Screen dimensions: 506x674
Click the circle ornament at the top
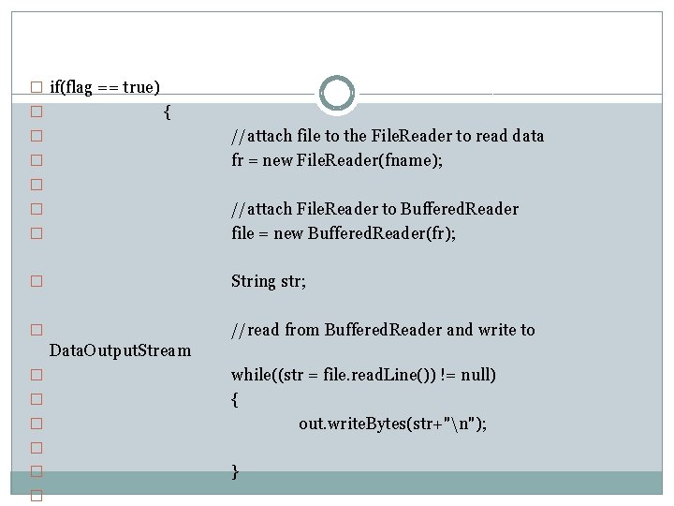pyautogui.click(x=337, y=94)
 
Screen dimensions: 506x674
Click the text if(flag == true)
pyautogui.click(x=104, y=87)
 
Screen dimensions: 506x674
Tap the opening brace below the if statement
pyautogui.click(x=167, y=112)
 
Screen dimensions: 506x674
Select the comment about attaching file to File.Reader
pyautogui.click(x=388, y=136)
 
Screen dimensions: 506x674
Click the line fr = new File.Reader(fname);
pyautogui.click(x=337, y=160)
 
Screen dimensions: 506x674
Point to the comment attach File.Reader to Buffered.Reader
pyautogui.click(x=374, y=209)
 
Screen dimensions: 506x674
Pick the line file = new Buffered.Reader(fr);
pyautogui.click(x=344, y=233)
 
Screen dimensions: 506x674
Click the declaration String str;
pyautogui.click(x=269, y=281)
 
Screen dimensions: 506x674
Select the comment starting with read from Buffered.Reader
pyautogui.click(x=383, y=330)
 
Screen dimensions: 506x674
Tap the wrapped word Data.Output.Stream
pyautogui.click(x=120, y=351)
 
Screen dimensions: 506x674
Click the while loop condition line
pyautogui.click(x=363, y=375)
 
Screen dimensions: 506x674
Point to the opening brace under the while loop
pyautogui.click(x=235, y=400)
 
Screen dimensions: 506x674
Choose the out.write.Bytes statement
pyautogui.click(x=392, y=424)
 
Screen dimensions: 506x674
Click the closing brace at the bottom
pyautogui.click(x=235, y=472)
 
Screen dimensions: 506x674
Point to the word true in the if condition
pyautogui.click(x=139, y=87)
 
